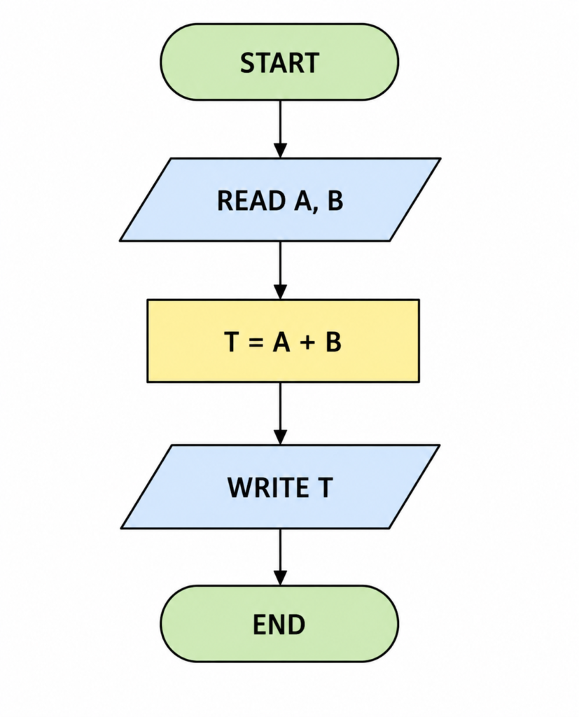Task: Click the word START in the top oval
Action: tap(279, 62)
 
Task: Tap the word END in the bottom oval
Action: tap(279, 625)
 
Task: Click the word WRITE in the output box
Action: tap(267, 487)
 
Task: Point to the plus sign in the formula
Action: tap(308, 342)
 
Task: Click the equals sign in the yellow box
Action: tap(256, 342)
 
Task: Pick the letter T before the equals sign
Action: tap(232, 342)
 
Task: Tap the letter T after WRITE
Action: tap(325, 487)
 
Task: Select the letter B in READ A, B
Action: tap(335, 201)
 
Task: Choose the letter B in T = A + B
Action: tap(333, 342)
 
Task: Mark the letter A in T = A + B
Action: tap(281, 342)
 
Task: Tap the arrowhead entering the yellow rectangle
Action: tap(280, 292)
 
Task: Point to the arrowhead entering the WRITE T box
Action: tap(280, 437)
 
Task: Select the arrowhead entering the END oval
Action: tap(280, 578)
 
